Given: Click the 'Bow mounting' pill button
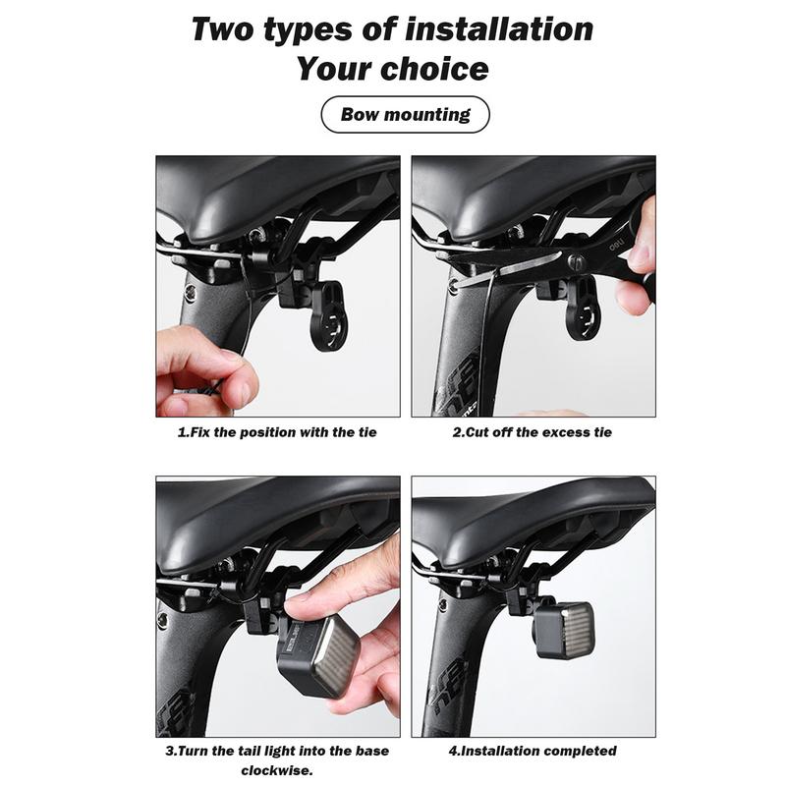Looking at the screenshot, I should click(x=405, y=115).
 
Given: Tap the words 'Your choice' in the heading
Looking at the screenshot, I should click(x=392, y=69).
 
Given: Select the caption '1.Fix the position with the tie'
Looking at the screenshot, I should click(x=277, y=432).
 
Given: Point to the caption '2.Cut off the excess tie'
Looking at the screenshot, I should click(x=532, y=432).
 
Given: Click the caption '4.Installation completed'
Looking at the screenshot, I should click(x=533, y=751).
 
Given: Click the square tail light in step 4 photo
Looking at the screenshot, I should click(x=564, y=630).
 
